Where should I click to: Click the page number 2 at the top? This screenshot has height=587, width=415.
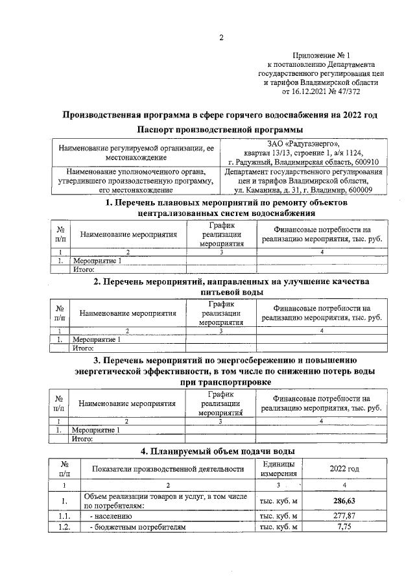click(x=220, y=37)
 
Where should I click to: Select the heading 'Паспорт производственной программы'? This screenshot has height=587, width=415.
click(x=220, y=130)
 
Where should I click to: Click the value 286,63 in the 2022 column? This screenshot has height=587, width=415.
click(x=344, y=501)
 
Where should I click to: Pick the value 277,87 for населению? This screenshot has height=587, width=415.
click(x=344, y=516)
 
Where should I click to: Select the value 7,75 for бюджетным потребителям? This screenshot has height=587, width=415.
click(x=344, y=528)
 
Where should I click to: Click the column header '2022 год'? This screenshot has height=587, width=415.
click(x=344, y=469)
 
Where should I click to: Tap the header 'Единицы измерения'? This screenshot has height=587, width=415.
click(x=278, y=469)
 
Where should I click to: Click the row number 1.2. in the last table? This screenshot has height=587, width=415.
click(x=64, y=528)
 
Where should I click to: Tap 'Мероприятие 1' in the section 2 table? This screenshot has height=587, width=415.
click(x=97, y=339)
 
